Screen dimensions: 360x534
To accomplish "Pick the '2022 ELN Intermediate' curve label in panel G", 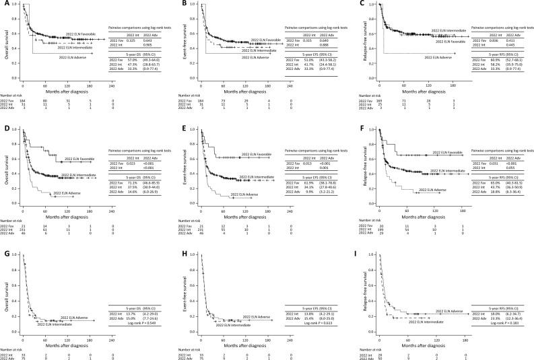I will [x=55, y=287].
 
